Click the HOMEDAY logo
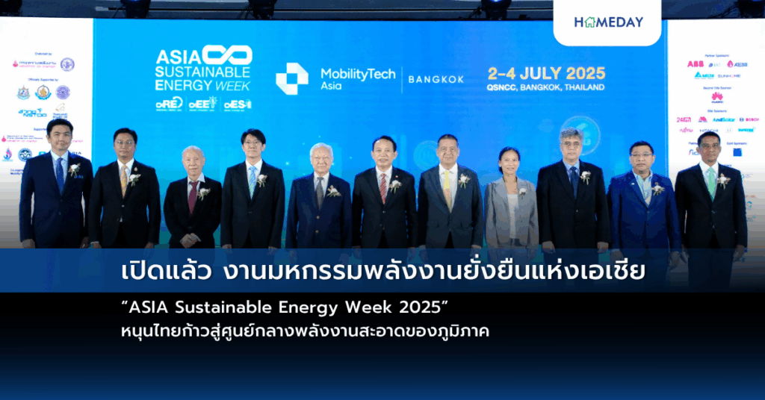tap(608, 22)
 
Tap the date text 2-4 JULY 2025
tap(546, 73)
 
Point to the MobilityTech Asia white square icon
tap(291, 79)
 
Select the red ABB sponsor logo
tap(696, 64)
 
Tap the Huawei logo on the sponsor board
tap(716, 97)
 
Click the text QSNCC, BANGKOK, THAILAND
tap(546, 87)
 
